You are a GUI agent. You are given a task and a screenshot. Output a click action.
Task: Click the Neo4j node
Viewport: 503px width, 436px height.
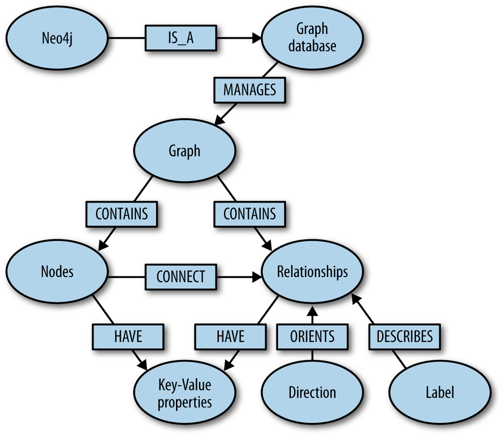click(57, 38)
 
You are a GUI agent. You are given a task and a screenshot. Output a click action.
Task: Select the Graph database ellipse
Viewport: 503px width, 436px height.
click(312, 38)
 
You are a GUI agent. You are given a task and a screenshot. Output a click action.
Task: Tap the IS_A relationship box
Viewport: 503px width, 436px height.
click(181, 38)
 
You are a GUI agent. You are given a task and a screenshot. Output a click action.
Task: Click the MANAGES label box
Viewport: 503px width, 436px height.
click(250, 91)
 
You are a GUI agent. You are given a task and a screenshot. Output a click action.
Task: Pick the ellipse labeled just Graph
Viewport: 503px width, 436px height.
click(184, 151)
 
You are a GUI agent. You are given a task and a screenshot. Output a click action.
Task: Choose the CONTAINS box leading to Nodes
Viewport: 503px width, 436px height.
click(122, 214)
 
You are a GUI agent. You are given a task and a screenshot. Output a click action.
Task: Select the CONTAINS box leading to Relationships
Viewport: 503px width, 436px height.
click(249, 214)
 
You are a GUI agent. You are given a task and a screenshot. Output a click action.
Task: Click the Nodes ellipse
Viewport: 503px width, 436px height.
click(57, 272)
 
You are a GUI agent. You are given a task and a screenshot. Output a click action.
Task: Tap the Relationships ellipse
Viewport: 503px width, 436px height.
click(312, 272)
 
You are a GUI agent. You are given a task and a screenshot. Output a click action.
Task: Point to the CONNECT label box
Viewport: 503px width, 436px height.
click(181, 277)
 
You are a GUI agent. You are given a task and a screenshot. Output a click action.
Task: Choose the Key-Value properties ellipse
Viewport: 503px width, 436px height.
click(184, 393)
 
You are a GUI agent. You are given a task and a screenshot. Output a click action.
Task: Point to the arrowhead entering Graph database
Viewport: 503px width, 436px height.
click(257, 38)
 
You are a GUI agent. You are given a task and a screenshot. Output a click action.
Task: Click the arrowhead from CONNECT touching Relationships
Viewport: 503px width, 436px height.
click(257, 277)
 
